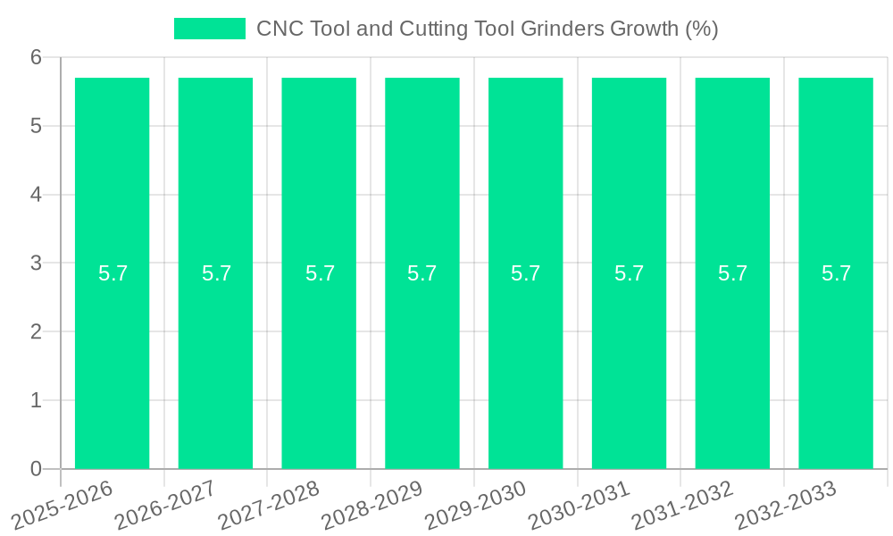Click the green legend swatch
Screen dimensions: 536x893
[210, 29]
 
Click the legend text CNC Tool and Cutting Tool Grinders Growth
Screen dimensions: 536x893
[487, 29]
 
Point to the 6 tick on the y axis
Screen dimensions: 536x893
[36, 57]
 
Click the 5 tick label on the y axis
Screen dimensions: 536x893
[36, 126]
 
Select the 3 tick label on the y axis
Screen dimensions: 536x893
[36, 264]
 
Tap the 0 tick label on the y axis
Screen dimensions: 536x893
[36, 469]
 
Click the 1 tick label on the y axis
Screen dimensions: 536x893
[36, 400]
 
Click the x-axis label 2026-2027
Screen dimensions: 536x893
[166, 505]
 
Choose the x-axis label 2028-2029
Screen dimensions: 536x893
[372, 505]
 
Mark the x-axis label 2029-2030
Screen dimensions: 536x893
[476, 505]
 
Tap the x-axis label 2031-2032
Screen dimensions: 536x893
[683, 505]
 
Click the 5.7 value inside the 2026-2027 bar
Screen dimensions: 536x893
[216, 273]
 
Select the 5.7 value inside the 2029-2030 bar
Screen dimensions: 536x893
[525, 273]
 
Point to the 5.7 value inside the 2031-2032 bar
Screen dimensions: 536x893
[732, 273]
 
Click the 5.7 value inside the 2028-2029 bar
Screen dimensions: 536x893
[421, 273]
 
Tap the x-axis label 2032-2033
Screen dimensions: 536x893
[786, 505]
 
